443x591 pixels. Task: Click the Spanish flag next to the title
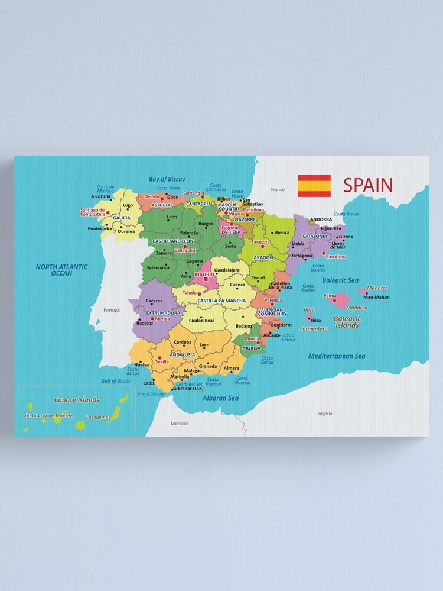(314, 186)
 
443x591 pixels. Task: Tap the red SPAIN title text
(367, 186)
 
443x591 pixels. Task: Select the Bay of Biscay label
(167, 179)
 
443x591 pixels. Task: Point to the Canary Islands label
(77, 400)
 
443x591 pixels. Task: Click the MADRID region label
(204, 274)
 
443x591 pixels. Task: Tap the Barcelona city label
(336, 256)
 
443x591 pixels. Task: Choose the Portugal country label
(112, 310)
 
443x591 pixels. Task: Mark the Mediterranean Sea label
(337, 356)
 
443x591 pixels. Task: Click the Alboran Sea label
(220, 398)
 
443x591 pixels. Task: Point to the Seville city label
(161, 361)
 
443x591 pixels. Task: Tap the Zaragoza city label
(260, 242)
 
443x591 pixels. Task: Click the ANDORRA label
(321, 219)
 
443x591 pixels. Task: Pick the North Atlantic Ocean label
(61, 270)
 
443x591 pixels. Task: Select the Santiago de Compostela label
(93, 212)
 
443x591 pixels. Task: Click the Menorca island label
(377, 288)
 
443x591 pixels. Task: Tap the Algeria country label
(325, 414)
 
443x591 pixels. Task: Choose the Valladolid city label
(185, 250)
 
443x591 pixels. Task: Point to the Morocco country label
(180, 423)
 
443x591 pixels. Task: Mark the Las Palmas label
(97, 417)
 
